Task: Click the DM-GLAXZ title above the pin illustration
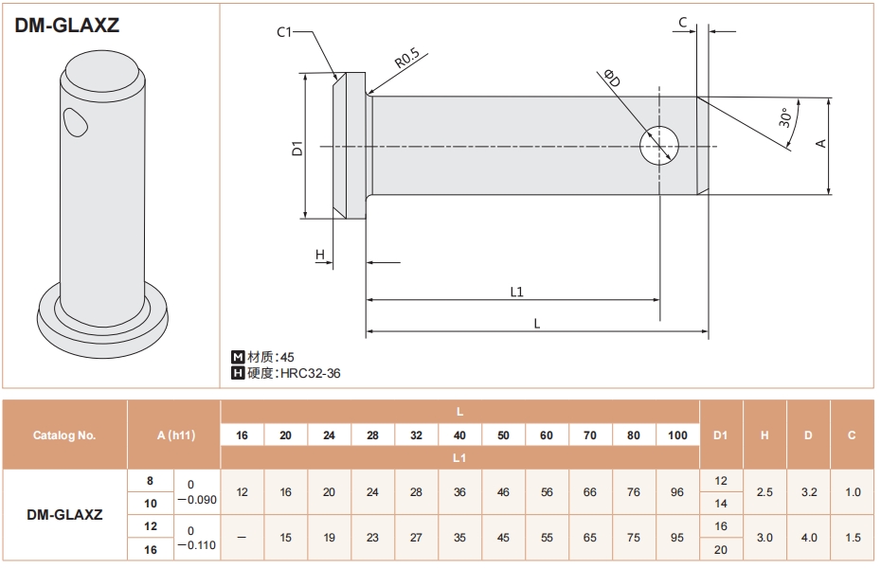67,26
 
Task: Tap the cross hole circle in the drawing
659,146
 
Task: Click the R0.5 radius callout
407,59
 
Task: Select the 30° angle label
785,117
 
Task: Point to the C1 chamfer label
284,32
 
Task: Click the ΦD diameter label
612,78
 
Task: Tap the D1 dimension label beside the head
297,149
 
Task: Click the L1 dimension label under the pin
516,292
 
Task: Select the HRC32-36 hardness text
311,373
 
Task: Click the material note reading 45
287,357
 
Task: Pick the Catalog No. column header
64,435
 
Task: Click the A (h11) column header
176,435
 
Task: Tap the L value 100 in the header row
677,435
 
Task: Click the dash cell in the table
242,537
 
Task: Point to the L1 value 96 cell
677,491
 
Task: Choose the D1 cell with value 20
721,549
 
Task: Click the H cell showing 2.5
764,491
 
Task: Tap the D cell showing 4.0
808,537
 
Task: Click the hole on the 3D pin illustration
75,122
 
